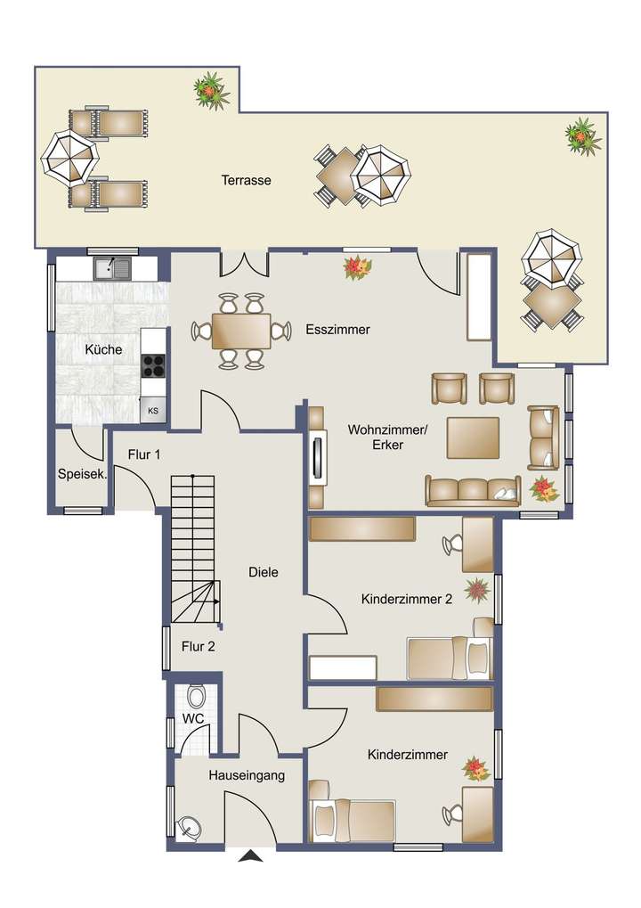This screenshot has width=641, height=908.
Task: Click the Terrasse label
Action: (x=246, y=180)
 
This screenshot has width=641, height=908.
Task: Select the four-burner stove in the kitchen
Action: (x=153, y=364)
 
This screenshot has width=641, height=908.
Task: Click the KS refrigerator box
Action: (x=153, y=410)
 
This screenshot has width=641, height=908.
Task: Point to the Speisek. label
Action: (x=82, y=474)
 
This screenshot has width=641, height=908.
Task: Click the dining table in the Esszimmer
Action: (x=241, y=331)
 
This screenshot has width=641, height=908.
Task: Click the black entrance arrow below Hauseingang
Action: (x=253, y=858)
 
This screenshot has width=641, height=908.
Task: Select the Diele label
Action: (x=264, y=572)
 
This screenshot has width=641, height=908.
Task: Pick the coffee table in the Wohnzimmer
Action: (x=473, y=438)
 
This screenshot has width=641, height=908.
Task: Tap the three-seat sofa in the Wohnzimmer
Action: (x=473, y=490)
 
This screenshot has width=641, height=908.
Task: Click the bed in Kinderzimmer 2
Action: (x=447, y=658)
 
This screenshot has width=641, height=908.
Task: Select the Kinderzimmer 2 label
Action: (x=407, y=599)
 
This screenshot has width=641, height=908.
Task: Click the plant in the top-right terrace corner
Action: (x=582, y=135)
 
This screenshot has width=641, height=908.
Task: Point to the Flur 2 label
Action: (x=197, y=646)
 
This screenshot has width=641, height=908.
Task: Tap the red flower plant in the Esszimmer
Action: (x=358, y=267)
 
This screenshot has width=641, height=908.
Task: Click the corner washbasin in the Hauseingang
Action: (x=190, y=827)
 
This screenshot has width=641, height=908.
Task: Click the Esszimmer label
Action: (x=337, y=329)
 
